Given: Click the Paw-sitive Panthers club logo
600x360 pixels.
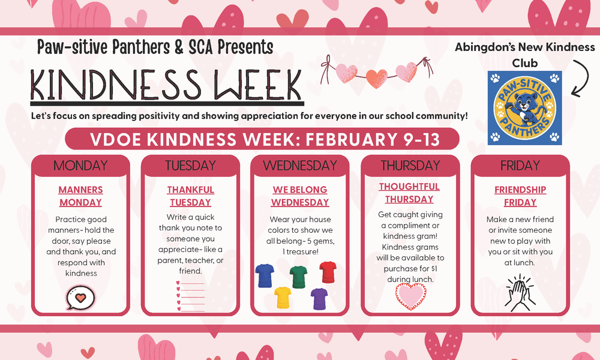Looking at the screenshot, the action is coord(524,108).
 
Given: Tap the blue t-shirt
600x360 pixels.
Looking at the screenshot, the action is coord(265,275).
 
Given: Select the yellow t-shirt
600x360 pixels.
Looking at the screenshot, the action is coord(283,297).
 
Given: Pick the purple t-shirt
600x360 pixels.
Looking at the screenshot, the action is coord(319,298).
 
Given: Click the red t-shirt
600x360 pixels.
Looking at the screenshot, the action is coord(328,272).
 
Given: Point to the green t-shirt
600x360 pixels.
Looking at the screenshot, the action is coord(298,277).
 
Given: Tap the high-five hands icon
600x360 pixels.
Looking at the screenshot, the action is coord(520,292).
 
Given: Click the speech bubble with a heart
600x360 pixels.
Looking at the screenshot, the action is coord(80,297).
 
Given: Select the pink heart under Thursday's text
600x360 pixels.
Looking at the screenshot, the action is coord(410,296).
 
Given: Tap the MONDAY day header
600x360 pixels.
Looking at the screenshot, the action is coord(80,166).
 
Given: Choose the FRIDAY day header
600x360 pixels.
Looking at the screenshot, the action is coord(520,166).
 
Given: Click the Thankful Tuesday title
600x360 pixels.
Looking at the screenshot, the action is coord(191,196).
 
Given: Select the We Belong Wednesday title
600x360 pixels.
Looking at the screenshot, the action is coord(300,196).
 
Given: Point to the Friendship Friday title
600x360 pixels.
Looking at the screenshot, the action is coord(520,196).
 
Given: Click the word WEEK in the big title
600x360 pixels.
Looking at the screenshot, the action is coord(258,85).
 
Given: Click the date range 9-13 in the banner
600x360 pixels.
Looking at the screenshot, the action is coord(422,140).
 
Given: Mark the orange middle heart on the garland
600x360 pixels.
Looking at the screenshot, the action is coord(377,79).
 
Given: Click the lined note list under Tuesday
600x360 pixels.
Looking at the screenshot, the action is coord(190,296).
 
